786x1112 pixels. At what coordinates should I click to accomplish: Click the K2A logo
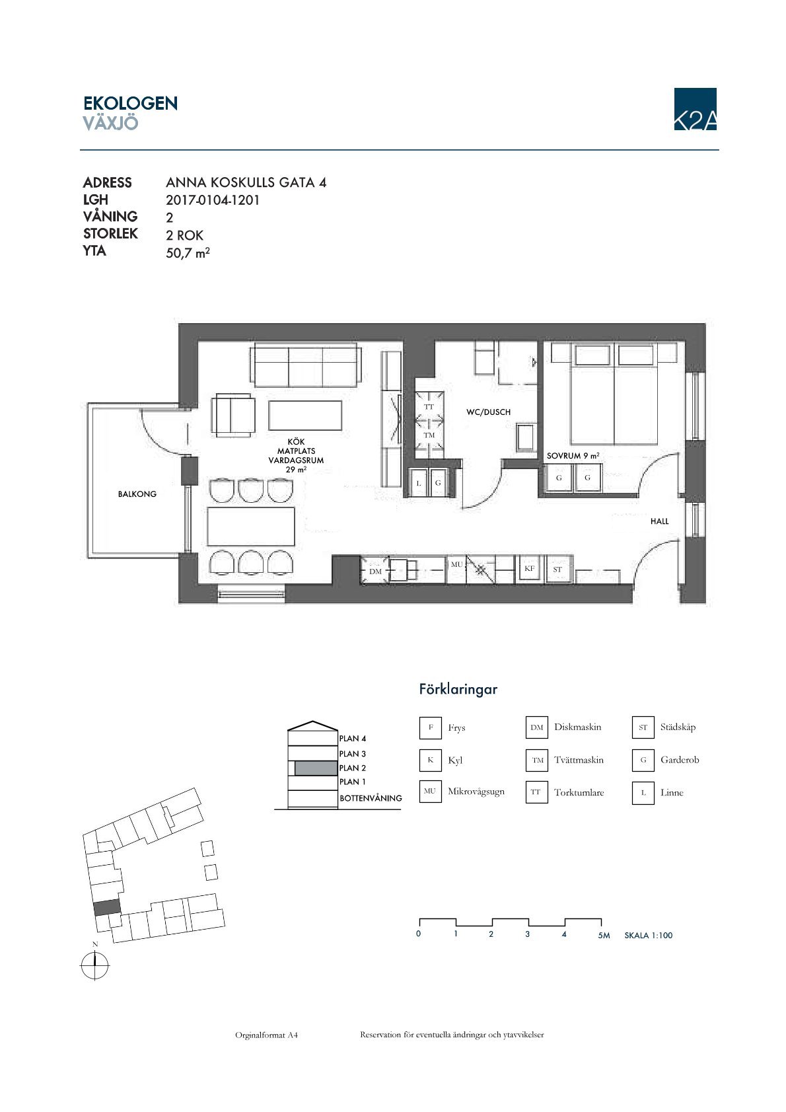click(695, 109)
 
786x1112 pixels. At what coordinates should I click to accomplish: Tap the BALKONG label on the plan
click(137, 494)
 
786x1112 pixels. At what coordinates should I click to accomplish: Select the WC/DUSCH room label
click(488, 412)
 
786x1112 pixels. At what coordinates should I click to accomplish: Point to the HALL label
click(659, 521)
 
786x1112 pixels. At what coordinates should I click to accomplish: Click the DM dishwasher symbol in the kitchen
click(375, 571)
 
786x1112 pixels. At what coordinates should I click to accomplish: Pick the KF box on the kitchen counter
click(530, 568)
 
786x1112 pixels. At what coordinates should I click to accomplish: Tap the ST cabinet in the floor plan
click(557, 570)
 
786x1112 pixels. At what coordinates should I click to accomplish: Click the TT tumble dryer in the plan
click(429, 406)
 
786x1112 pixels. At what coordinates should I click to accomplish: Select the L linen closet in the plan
click(418, 482)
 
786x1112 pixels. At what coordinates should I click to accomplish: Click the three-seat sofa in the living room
click(306, 366)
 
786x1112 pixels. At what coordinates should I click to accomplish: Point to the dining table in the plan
click(251, 526)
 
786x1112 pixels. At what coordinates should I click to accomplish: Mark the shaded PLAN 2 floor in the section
click(316, 768)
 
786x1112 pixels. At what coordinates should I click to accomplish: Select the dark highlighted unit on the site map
click(107, 908)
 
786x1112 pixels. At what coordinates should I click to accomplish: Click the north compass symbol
click(94, 965)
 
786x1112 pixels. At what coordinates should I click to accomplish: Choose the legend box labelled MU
click(430, 792)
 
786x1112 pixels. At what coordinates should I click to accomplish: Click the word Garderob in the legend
click(679, 760)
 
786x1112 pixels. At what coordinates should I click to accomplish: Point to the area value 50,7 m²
click(188, 253)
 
